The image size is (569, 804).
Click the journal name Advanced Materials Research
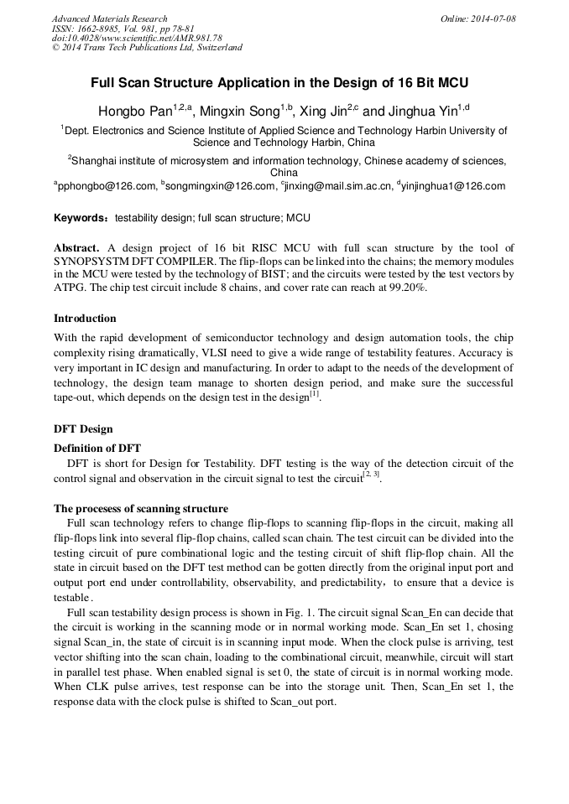pos(109,18)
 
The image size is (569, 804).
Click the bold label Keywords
pos(81,218)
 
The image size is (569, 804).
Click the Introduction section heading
pos(85,319)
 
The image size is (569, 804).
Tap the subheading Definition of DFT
pos(97,448)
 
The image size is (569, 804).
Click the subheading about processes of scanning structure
pos(140,508)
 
